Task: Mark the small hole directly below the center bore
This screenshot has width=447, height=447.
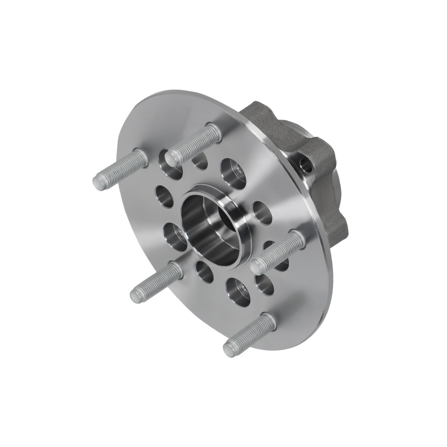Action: pos(204,271)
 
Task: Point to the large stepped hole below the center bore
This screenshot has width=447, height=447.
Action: pos(237,290)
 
